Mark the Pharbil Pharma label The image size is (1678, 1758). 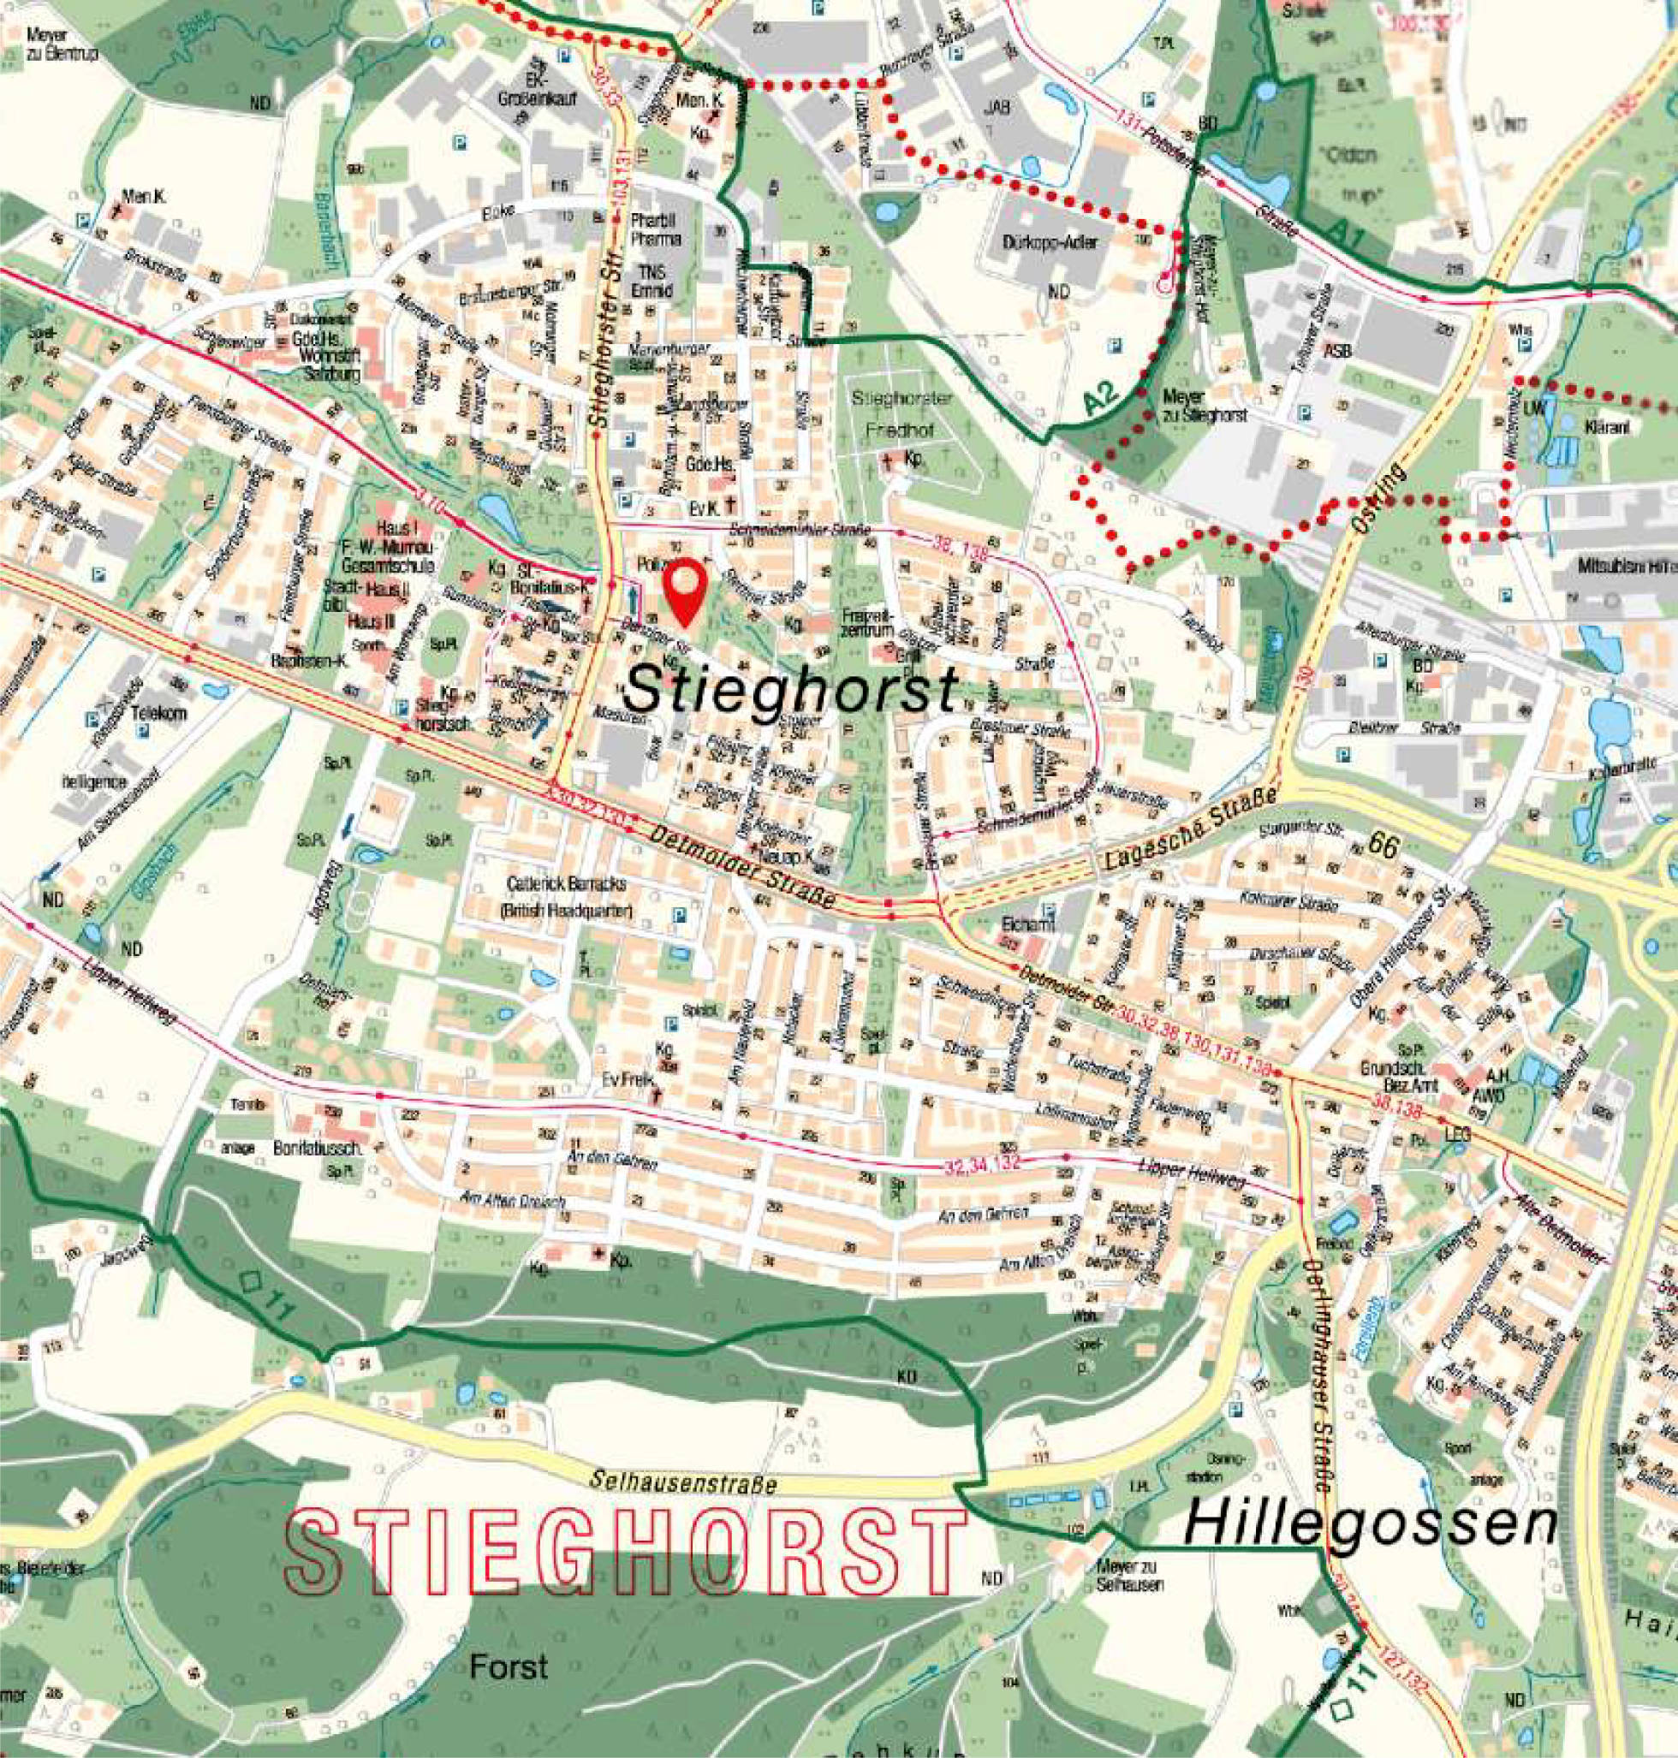tap(656, 229)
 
